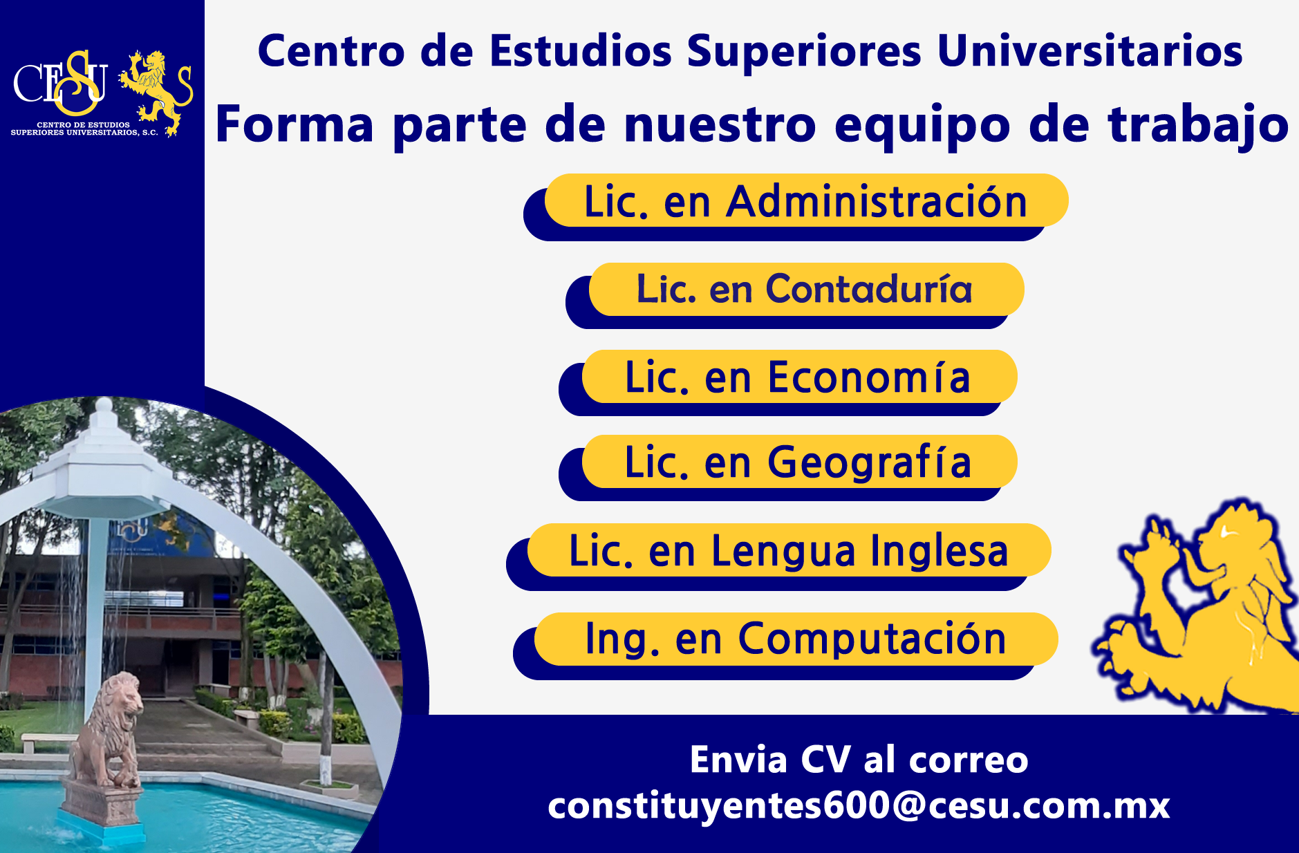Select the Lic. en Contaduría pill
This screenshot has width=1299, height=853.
(805, 289)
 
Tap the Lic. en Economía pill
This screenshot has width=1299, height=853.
(798, 377)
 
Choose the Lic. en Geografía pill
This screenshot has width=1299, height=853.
(798, 462)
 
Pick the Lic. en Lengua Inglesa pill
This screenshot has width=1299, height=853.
(788, 550)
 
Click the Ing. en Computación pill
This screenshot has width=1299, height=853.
(795, 638)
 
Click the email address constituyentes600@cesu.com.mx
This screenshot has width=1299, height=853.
(859, 805)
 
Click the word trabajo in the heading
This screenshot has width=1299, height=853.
(1198, 124)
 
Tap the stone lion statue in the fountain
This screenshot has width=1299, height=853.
(111, 726)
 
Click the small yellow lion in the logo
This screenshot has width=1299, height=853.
(156, 90)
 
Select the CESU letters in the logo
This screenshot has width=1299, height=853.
(61, 83)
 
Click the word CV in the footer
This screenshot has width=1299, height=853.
(825, 760)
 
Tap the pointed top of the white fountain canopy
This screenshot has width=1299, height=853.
(104, 408)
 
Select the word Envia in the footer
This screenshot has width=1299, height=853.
(738, 760)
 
